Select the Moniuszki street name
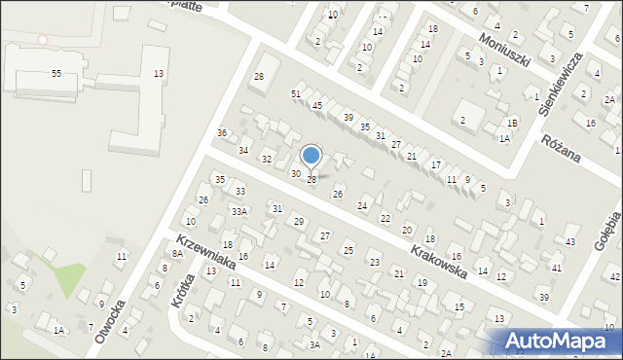coord(503,49)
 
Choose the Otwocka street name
coord(110,320)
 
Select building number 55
coord(56,74)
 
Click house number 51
coord(296,93)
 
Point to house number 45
coord(317,105)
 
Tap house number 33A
coord(238,210)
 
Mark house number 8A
coord(177,253)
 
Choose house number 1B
coord(512,123)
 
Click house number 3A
coord(314,344)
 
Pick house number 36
coord(222,132)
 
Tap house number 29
coord(299,222)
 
